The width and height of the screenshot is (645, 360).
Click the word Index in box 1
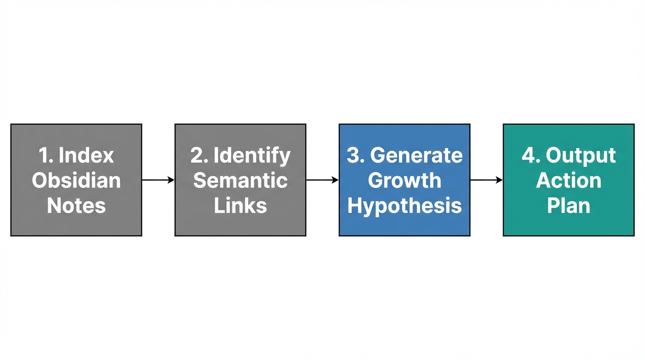click(x=86, y=155)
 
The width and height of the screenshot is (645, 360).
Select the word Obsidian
click(x=76, y=180)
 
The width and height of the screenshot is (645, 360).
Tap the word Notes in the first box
click(x=76, y=205)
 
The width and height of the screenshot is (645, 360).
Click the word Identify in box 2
click(x=252, y=155)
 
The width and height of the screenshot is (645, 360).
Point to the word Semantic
click(x=240, y=180)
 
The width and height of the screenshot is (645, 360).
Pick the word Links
click(x=240, y=205)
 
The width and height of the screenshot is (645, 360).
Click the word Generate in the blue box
click(x=416, y=155)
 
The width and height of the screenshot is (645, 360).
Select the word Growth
click(x=404, y=180)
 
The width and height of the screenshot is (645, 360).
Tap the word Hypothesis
click(x=404, y=205)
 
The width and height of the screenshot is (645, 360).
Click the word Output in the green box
click(x=580, y=155)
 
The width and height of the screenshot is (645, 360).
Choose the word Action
click(x=568, y=180)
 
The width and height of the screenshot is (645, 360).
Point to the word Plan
click(x=568, y=205)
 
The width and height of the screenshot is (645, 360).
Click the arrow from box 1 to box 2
click(x=158, y=180)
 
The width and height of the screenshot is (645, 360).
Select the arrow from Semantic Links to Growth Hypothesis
click(x=322, y=180)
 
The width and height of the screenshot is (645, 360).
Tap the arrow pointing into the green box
click(x=486, y=180)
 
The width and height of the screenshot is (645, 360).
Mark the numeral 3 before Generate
click(x=352, y=155)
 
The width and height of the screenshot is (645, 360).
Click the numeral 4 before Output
click(x=528, y=155)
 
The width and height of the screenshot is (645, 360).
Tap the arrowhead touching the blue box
click(x=335, y=180)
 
